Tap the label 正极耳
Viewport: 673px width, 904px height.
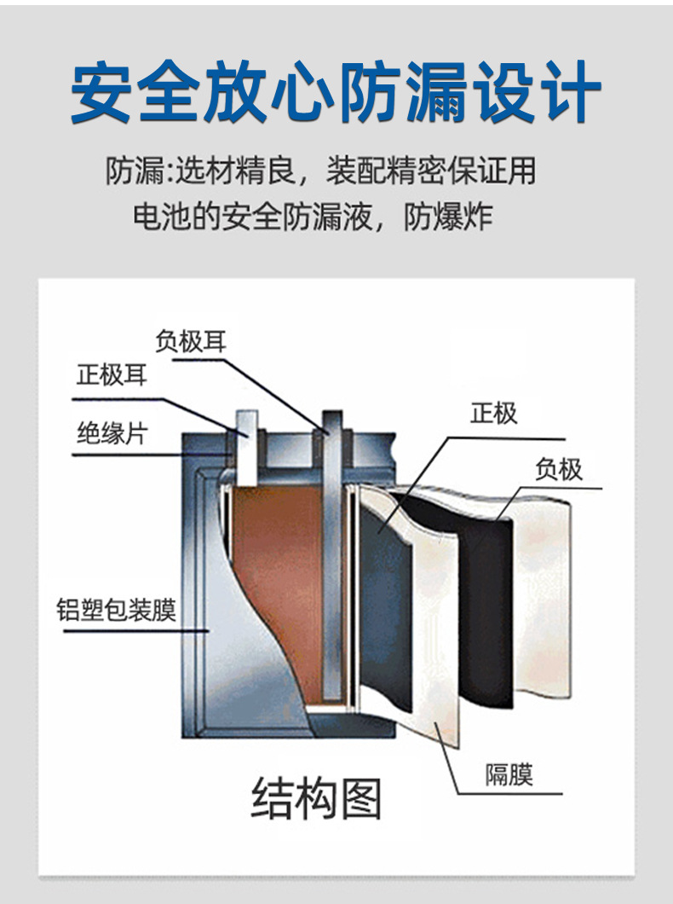tap(112, 374)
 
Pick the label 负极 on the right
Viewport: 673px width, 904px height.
tap(559, 469)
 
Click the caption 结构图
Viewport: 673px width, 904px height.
tap(316, 798)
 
